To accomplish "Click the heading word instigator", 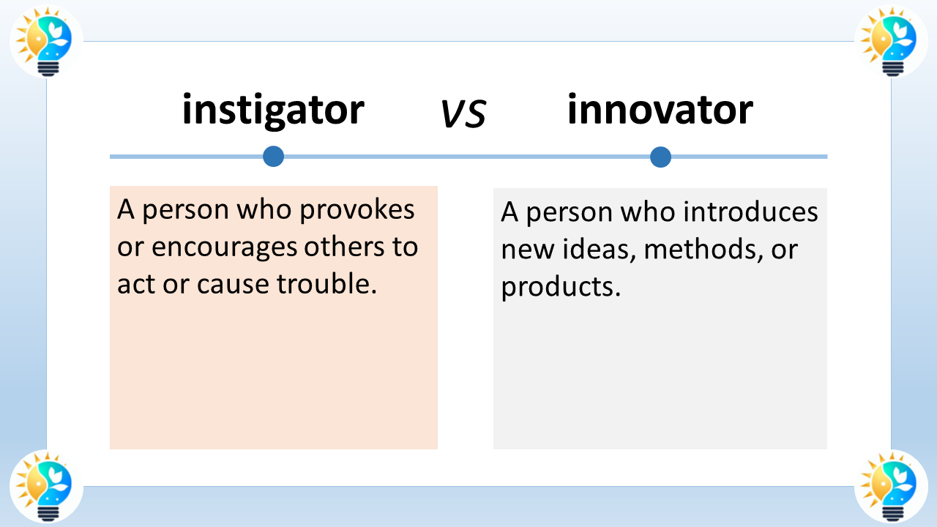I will coord(273,110).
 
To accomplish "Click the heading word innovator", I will coord(660,110).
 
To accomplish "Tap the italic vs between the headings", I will coord(463,114).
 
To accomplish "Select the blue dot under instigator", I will coord(273,156).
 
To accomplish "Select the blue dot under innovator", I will coord(660,157).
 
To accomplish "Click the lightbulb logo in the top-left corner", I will coord(46,41).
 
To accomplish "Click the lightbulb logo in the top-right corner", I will coord(891,41).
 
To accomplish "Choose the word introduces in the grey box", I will coord(750,213).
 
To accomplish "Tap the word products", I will coord(561,287).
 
